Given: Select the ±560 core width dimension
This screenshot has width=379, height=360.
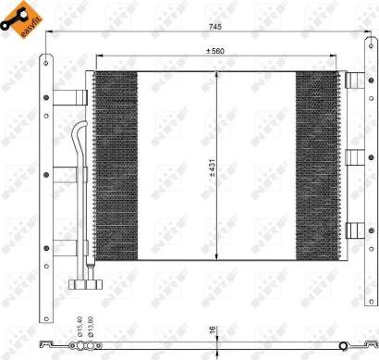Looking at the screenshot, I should pyautogui.click(x=215, y=51).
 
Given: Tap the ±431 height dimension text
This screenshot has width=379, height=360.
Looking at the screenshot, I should pyautogui.click(x=212, y=167).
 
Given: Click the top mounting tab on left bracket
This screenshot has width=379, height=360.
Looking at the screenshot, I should pyautogui.click(x=67, y=97).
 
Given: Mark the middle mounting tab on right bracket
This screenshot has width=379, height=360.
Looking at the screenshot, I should pyautogui.click(x=354, y=155).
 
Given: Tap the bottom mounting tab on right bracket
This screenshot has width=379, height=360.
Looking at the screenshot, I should pyautogui.click(x=354, y=230).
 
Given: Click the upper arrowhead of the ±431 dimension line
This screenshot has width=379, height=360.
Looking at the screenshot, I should pyautogui.click(x=216, y=74).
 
